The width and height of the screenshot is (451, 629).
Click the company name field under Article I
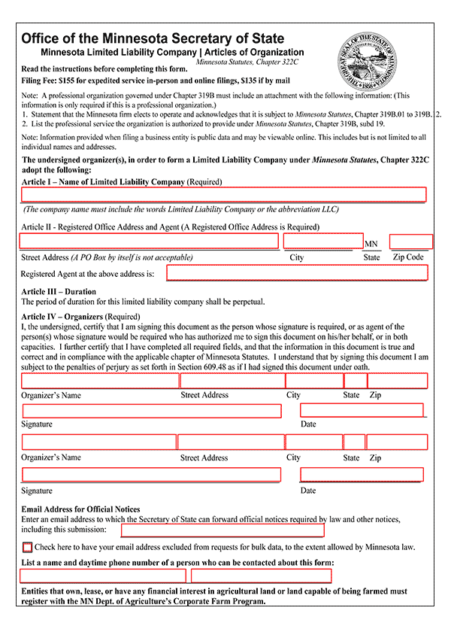pyautogui.click(x=223, y=195)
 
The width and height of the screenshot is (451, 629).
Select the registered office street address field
pyautogui.click(x=149, y=241)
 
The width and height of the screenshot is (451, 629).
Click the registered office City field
pyautogui.click(x=323, y=241)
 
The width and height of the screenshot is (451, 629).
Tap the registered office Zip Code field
pyautogui.click(x=410, y=242)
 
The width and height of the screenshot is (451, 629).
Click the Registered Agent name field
pyautogui.click(x=297, y=272)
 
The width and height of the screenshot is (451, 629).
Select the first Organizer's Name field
pyautogui.click(x=100, y=381)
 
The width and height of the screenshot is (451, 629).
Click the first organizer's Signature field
pyautogui.click(x=152, y=411)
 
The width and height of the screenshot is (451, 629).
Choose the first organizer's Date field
pyautogui.click(x=362, y=410)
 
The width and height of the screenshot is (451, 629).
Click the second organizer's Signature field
pyautogui.click(x=152, y=475)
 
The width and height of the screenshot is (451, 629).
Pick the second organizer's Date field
pyautogui.click(x=362, y=474)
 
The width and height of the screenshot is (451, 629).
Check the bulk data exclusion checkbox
pyautogui.click(x=28, y=547)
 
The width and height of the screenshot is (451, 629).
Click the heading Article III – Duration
pyautogui.click(x=59, y=291)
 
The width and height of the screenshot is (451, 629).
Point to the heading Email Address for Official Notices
pyautogui.click(x=80, y=509)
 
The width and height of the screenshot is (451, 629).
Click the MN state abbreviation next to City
pyautogui.click(x=371, y=244)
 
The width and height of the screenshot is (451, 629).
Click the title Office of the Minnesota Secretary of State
pyautogui.click(x=153, y=38)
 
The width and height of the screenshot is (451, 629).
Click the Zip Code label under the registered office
pyautogui.click(x=408, y=257)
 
